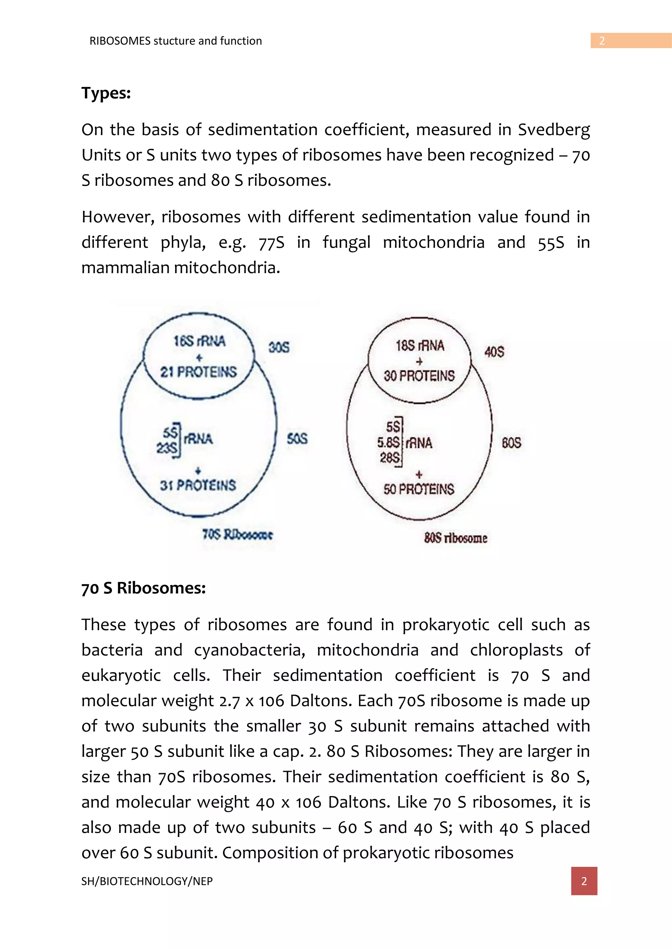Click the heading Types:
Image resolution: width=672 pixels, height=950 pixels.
tap(106, 93)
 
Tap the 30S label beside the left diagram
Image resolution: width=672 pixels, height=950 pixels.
tap(279, 347)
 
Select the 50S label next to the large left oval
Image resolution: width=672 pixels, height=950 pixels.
tap(297, 439)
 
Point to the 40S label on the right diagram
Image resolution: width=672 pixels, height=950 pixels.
tap(494, 352)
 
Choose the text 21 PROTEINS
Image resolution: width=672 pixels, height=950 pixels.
tap(199, 372)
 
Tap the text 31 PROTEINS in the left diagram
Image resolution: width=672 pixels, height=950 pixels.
tap(198, 485)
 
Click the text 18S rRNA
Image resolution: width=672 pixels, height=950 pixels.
tap(420, 345)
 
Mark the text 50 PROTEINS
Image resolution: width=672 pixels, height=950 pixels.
tap(418, 489)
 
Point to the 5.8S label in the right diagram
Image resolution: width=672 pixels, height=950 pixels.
tap(388, 443)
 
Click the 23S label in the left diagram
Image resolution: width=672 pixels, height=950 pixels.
tap(167, 448)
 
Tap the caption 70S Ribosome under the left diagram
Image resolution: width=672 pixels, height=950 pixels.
tap(238, 535)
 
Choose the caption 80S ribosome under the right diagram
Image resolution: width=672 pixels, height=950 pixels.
tap(455, 538)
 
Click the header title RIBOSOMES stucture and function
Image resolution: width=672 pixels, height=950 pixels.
tap(176, 41)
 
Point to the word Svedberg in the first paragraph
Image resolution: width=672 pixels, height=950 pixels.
tap(554, 130)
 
